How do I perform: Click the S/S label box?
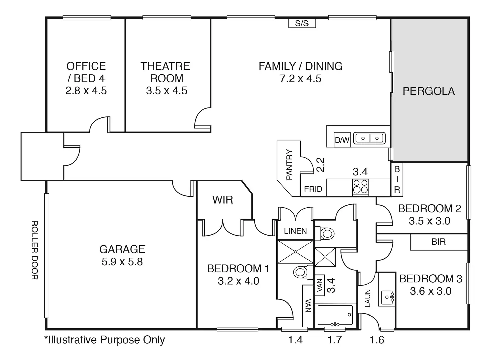(x=302, y=23)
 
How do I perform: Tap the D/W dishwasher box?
(x=342, y=140)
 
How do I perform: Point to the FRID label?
(x=313, y=189)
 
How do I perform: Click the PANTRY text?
(x=289, y=165)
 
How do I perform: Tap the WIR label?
(x=223, y=200)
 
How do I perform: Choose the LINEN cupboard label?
(x=295, y=231)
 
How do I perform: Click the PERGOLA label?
(x=428, y=91)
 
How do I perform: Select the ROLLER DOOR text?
(x=34, y=250)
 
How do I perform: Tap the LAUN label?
(x=368, y=298)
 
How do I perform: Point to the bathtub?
(x=335, y=316)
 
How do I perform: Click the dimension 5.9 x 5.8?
(x=122, y=261)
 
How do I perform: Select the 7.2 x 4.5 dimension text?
(x=300, y=79)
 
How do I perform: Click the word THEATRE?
(x=165, y=66)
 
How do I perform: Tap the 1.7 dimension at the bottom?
(x=334, y=340)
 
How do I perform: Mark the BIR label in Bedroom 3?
(x=438, y=242)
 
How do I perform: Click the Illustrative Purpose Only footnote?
(x=105, y=340)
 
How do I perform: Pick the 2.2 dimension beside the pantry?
(x=320, y=165)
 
